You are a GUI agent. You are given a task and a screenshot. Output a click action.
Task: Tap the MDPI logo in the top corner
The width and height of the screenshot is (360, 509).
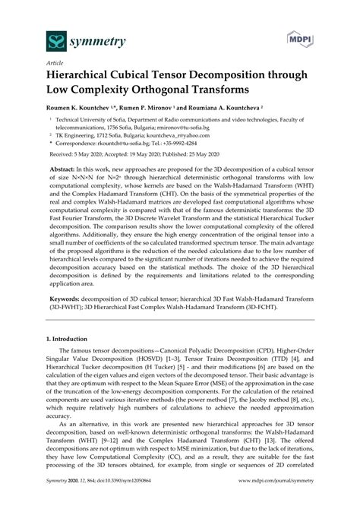click(x=322, y=37)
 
